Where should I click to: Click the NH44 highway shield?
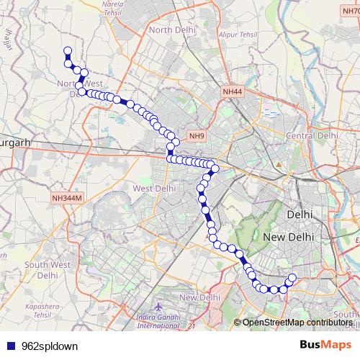point(233,92)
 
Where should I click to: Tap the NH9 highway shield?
point(197,135)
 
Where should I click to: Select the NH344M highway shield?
point(68,197)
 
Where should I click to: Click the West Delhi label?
point(155,188)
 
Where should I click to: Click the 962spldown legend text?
point(49,346)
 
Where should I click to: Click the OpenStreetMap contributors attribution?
point(297,323)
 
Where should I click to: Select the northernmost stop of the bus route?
point(68,50)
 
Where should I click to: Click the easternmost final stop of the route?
point(292,278)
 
